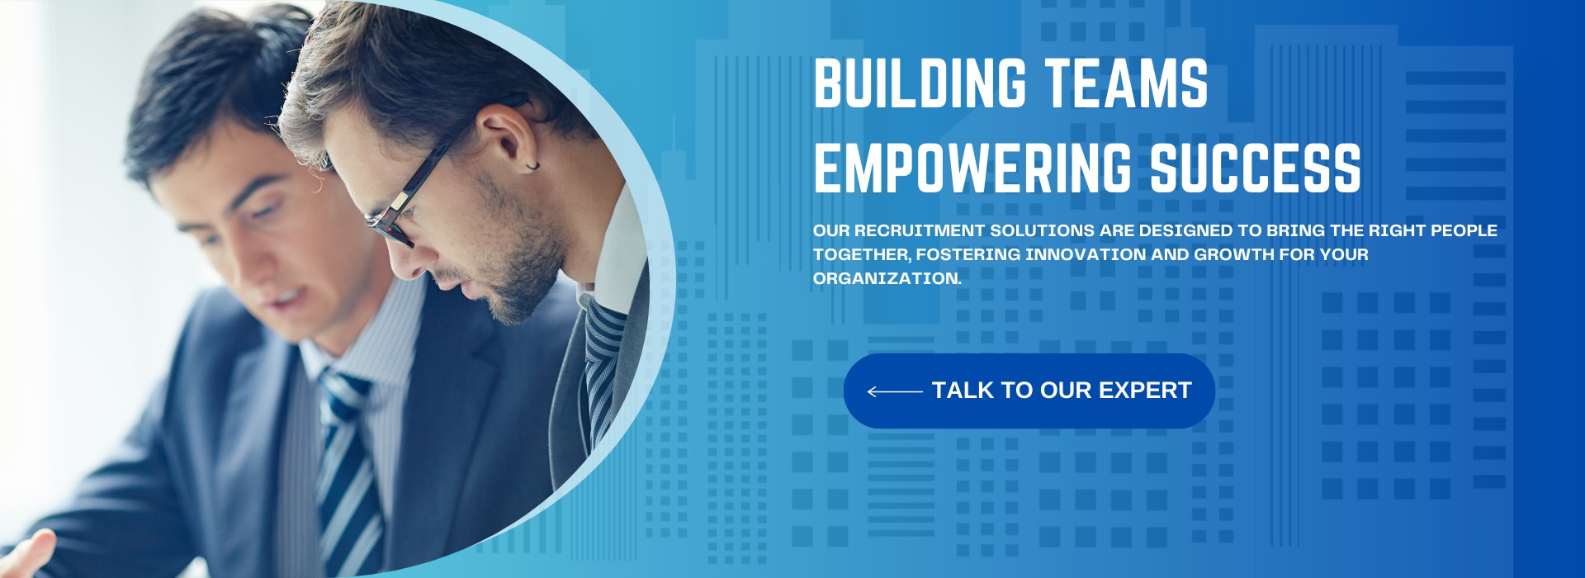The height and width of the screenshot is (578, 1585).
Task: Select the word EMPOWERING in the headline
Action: [972, 168]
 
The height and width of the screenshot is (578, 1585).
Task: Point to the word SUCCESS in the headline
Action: [1256, 168]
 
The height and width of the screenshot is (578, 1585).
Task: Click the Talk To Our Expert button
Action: [1029, 391]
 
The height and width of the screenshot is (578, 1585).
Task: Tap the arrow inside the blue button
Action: [895, 391]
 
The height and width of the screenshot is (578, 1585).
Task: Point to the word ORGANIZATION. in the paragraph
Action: [887, 278]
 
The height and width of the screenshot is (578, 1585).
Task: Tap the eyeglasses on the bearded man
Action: [437, 173]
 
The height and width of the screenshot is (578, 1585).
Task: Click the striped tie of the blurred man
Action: [347, 471]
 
